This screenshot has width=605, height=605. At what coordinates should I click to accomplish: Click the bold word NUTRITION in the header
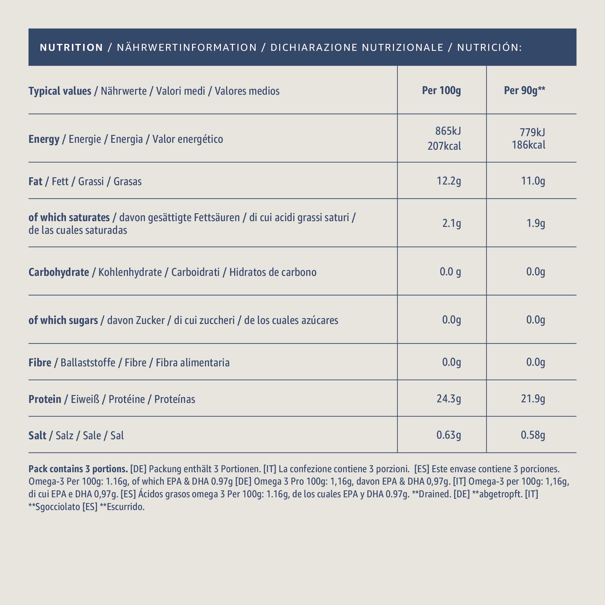pyautogui.click(x=71, y=47)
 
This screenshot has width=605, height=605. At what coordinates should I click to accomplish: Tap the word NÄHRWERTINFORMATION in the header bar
pyautogui.click(x=187, y=47)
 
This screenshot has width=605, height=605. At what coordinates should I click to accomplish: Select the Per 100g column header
pyautogui.click(x=442, y=90)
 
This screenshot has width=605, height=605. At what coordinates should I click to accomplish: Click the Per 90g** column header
pyautogui.click(x=525, y=90)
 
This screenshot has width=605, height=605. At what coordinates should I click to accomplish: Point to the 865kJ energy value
pyautogui.click(x=448, y=131)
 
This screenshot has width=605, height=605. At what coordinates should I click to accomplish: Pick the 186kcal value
pyautogui.click(x=528, y=145)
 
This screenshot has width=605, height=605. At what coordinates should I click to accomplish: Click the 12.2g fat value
pyautogui.click(x=449, y=181)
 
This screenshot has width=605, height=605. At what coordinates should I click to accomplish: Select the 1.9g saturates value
pyautogui.click(x=536, y=223)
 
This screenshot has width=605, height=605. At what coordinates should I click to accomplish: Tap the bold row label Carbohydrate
pyautogui.click(x=59, y=273)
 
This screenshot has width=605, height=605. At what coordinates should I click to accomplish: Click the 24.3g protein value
pyautogui.click(x=449, y=399)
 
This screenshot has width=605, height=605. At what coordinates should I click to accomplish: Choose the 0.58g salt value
pyautogui.click(x=533, y=435)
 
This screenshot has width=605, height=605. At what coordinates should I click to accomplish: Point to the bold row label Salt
pyautogui.click(x=37, y=436)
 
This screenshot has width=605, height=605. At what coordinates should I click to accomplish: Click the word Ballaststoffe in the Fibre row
pyautogui.click(x=88, y=363)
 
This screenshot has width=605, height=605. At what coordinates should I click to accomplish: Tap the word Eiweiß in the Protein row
pyautogui.click(x=85, y=399)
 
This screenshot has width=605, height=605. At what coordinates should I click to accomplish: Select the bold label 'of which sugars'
pyautogui.click(x=63, y=320)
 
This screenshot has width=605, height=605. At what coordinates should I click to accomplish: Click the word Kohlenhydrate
pyautogui.click(x=130, y=273)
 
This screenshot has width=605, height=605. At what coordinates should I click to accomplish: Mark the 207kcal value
pyautogui.click(x=444, y=146)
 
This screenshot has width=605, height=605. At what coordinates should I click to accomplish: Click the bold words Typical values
pyautogui.click(x=60, y=91)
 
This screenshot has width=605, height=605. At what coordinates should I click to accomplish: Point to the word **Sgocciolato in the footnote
pyautogui.click(x=54, y=507)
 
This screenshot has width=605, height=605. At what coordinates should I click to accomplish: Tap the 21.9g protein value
pyautogui.click(x=533, y=399)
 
